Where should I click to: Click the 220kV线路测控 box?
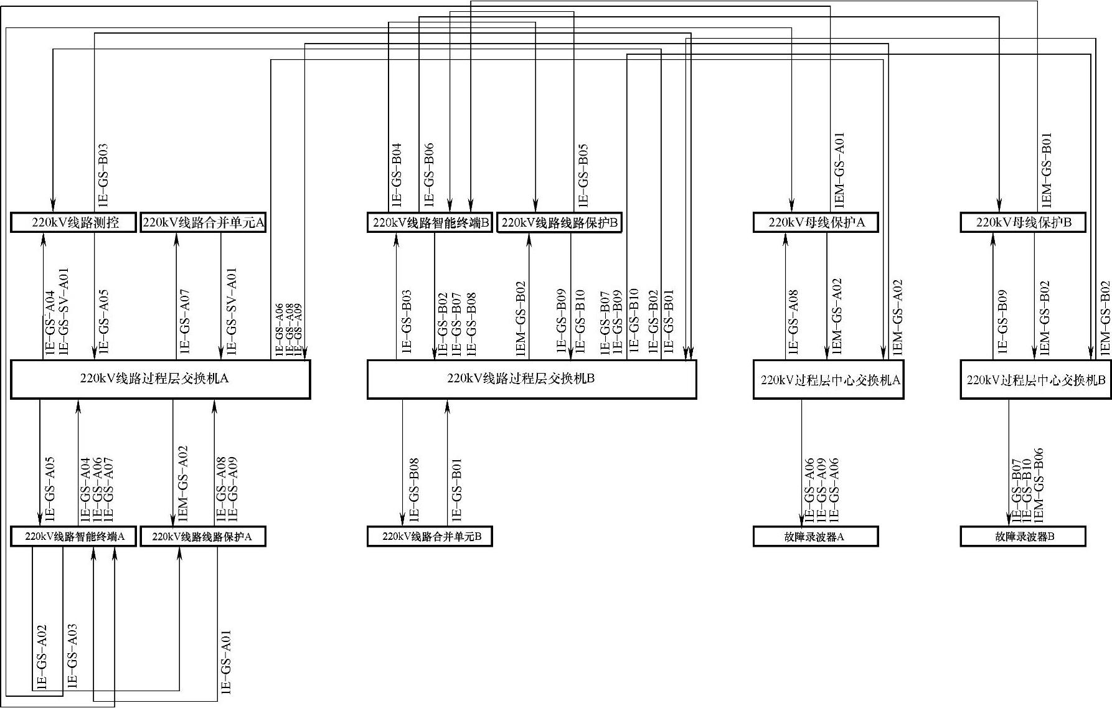pos(73,222)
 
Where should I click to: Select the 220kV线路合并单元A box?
pos(204,222)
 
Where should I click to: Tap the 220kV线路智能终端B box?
pos(430,222)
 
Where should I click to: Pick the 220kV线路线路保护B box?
pos(560,222)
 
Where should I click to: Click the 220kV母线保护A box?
pos(816,222)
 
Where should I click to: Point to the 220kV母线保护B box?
pos(1023,222)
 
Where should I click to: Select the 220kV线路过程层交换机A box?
pos(160,379)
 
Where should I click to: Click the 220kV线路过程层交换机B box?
pos(531,379)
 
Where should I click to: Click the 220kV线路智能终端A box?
pos(73,536)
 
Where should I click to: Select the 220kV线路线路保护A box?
pos(204,536)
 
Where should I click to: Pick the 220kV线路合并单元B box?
pos(430,536)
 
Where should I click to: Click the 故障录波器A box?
pos(816,536)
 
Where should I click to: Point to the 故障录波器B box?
pos(1023,536)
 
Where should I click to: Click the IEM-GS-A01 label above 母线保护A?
pos(839,169)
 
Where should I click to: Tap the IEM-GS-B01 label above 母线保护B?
pos(1047,169)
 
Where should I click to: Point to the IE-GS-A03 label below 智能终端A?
pos(72,656)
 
